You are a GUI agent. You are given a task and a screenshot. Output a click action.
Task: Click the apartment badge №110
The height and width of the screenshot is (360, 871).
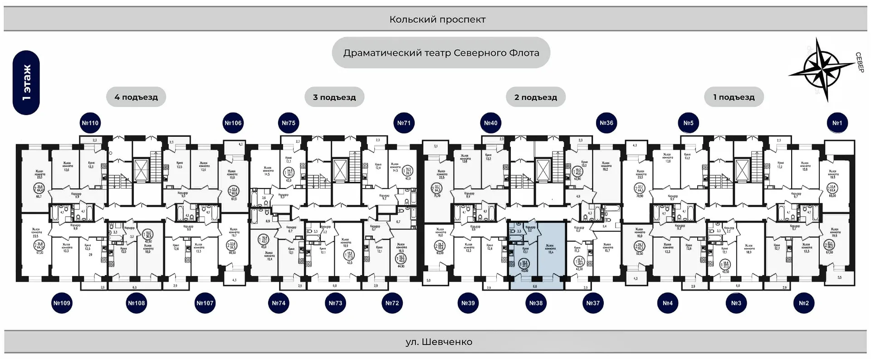[90, 123]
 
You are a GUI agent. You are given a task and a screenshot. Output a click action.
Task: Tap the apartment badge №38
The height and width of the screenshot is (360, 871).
[536, 303]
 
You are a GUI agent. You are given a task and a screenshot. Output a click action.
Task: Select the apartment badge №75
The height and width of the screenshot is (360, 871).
[289, 123]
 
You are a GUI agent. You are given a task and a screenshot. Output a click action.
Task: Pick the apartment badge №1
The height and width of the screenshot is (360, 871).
[837, 123]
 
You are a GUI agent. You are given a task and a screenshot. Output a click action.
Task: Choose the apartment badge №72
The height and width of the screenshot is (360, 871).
[392, 303]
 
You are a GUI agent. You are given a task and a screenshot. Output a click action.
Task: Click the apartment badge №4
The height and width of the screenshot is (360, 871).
[667, 303]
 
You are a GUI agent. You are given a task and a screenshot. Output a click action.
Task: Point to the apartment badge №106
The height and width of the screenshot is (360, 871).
[233, 123]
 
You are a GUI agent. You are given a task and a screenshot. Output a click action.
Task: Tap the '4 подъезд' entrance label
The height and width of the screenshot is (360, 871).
[136, 97]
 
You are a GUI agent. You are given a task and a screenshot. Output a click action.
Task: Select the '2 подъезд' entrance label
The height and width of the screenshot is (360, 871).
[536, 97]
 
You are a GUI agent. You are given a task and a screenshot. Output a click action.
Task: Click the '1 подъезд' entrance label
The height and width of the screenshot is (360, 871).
[734, 97]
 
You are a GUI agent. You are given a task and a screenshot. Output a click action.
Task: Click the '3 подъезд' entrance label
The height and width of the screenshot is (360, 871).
[334, 97]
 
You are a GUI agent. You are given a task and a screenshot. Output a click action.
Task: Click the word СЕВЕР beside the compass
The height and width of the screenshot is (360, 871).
[859, 63]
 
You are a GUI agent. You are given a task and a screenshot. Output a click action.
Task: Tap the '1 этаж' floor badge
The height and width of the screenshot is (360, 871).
[26, 83]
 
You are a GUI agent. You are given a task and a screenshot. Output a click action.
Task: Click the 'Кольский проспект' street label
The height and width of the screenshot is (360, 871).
[437, 19]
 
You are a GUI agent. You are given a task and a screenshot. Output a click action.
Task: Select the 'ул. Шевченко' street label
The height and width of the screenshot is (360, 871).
[439, 342]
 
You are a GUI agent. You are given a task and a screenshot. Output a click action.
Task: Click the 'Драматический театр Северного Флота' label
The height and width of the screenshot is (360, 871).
[441, 53]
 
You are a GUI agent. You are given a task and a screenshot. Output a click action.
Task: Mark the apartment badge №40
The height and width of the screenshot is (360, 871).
[490, 123]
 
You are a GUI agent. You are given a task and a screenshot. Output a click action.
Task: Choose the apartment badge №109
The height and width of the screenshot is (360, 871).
[62, 303]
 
